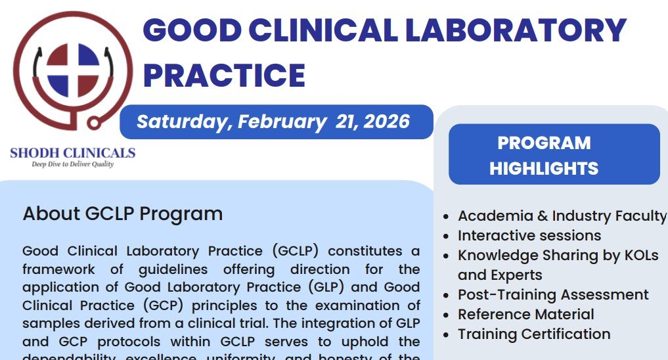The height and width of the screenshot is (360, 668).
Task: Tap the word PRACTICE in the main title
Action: pos(224,75)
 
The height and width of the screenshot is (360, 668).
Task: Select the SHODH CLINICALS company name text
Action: pos(72,153)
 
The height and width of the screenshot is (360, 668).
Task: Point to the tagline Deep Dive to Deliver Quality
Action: pos(73,164)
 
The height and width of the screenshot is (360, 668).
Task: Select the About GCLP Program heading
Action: pos(122,214)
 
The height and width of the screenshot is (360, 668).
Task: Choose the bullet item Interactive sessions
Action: pos(529,235)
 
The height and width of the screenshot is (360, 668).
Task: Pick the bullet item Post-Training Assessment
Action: pos(553,294)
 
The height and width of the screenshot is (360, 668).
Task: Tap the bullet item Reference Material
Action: pos(525,314)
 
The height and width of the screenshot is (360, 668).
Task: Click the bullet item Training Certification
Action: pos(534,334)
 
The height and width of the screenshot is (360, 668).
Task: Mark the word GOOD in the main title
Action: pos(185,31)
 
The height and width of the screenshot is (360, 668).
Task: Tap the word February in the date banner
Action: pos(278,122)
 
